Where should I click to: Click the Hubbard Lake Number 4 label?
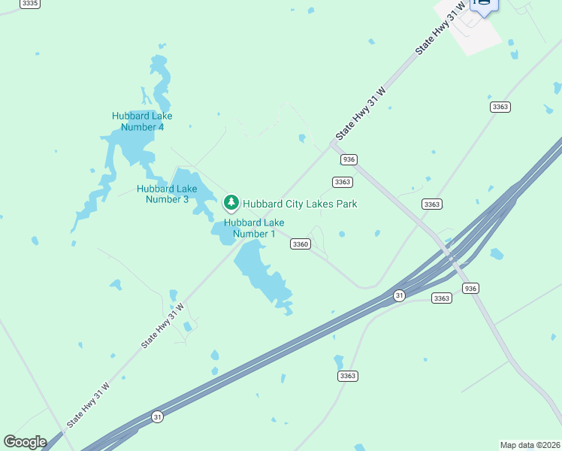(142, 121)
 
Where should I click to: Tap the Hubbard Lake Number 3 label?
(167, 194)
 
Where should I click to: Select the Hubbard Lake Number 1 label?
(254, 228)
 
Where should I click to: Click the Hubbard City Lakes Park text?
(299, 204)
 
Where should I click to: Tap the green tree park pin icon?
(231, 202)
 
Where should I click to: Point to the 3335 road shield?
(30, 4)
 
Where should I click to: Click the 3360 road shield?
(301, 244)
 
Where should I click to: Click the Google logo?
(25, 442)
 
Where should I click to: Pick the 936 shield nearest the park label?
(348, 159)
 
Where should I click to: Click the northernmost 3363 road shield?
(500, 107)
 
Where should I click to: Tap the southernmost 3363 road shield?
(347, 376)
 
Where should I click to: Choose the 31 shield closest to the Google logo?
(157, 416)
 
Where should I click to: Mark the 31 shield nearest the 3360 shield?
(399, 296)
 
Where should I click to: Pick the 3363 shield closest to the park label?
(343, 182)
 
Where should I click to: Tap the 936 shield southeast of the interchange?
(470, 289)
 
